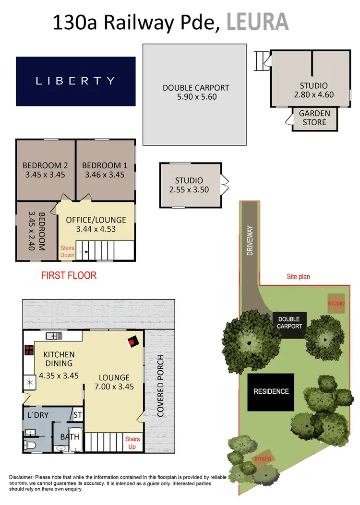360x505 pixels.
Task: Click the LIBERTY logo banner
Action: click(x=76, y=81)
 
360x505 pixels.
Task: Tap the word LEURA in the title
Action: click(x=257, y=22)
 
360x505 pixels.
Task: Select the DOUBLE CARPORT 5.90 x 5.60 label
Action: click(x=196, y=92)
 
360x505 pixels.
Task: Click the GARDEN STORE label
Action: click(x=314, y=118)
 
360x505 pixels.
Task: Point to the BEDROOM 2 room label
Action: click(x=46, y=170)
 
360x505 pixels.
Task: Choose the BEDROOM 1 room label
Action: click(x=105, y=170)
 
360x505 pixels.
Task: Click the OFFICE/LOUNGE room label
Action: click(x=96, y=224)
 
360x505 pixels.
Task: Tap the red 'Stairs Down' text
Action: click(x=67, y=252)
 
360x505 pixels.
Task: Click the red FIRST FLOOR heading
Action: click(x=69, y=276)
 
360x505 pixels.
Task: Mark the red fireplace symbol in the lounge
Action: click(x=133, y=342)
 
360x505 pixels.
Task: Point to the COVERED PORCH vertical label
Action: click(x=160, y=386)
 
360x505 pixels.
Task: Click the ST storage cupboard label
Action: click(x=77, y=414)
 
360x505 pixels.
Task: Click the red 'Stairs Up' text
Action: click(x=132, y=443)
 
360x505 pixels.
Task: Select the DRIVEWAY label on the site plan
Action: click(x=250, y=240)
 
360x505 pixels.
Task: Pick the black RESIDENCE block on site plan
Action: click(x=271, y=391)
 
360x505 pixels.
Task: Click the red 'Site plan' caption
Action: click(x=299, y=277)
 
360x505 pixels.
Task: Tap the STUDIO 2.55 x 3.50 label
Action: click(x=189, y=185)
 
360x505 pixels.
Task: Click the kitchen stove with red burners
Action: click(x=28, y=350)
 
